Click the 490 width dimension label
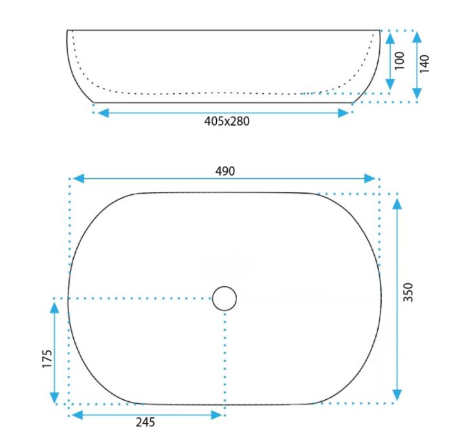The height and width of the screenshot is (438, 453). click(225, 171)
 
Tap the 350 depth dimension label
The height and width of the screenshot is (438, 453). click(408, 292)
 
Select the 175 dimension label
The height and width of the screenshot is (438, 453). click(47, 359)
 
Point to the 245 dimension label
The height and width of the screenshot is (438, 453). click(146, 422)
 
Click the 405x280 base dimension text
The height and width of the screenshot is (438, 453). click(226, 121)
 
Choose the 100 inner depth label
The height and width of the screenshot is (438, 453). click(399, 61)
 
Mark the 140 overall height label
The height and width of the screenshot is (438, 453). click(425, 64)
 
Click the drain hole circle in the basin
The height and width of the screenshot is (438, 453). click(225, 298)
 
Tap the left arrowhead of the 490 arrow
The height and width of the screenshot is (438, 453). click(78, 178)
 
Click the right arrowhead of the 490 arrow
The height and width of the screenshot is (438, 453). click(370, 178)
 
